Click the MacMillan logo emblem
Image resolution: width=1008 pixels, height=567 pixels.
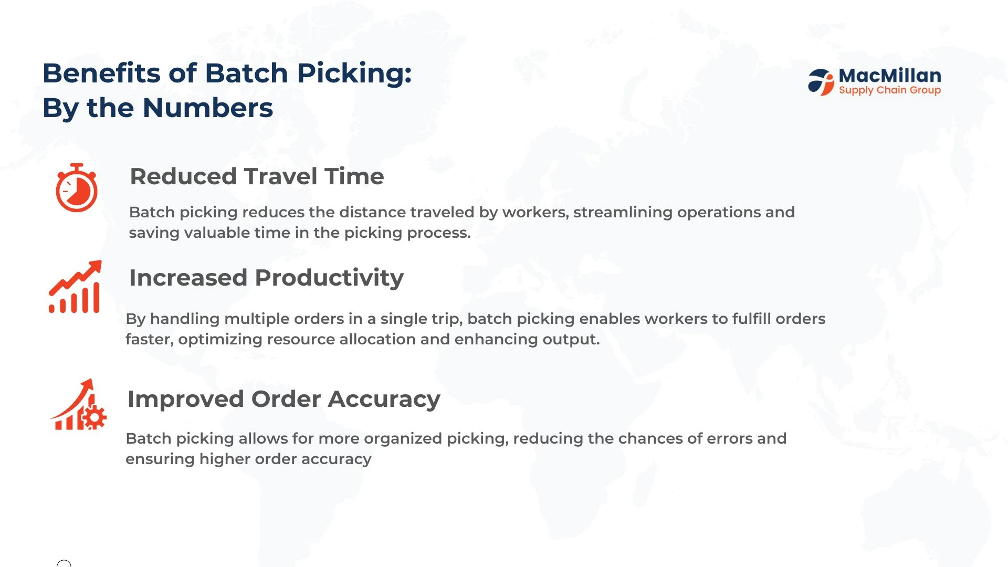click(821, 82)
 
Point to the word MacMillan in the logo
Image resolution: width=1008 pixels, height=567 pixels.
click(890, 76)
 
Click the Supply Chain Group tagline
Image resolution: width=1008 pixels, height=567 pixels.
click(890, 90)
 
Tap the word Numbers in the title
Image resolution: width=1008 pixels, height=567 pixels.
click(208, 108)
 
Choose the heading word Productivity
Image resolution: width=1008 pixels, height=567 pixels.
click(329, 278)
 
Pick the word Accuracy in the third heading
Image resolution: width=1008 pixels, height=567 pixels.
click(384, 400)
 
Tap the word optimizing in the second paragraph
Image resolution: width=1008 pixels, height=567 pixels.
click(220, 340)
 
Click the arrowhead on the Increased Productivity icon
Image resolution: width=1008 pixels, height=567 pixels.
click(94, 267)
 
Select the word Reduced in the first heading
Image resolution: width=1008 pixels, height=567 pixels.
click(183, 176)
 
